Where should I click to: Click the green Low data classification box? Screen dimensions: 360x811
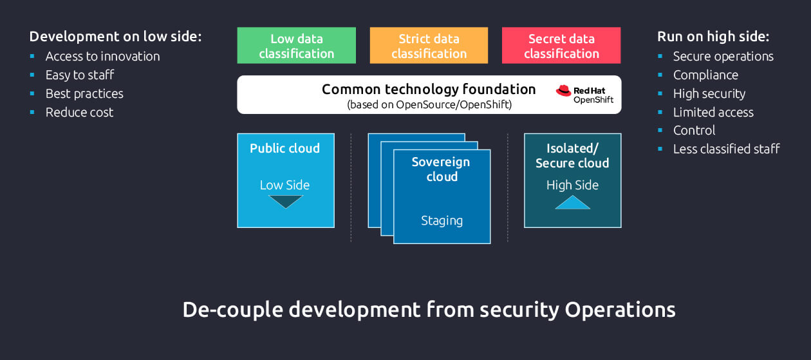[296, 46]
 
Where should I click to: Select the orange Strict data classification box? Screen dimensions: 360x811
[429, 46]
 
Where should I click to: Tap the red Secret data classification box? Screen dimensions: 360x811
[561, 46]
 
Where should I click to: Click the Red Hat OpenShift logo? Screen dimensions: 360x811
[584, 95]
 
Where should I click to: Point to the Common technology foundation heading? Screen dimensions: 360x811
[429, 90]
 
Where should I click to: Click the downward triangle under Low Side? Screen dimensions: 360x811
[285, 202]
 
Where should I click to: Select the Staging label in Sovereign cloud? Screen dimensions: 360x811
[442, 220]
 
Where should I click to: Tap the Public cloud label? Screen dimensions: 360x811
[284, 148]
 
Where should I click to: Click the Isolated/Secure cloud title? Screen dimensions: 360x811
[572, 155]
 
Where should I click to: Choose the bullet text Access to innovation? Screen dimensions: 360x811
[102, 56]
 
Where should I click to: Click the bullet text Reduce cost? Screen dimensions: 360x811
[79, 112]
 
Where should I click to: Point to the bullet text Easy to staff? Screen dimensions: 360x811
[80, 75]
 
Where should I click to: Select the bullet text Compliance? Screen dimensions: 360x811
[705, 75]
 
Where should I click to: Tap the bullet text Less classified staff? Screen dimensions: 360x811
[726, 149]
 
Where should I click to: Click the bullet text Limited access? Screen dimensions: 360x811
[713, 112]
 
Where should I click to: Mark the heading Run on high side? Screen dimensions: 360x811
[713, 36]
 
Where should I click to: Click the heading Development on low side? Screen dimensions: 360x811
[116, 36]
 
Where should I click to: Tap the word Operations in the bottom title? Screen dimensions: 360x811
[620, 310]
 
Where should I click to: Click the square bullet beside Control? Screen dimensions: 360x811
[660, 130]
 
